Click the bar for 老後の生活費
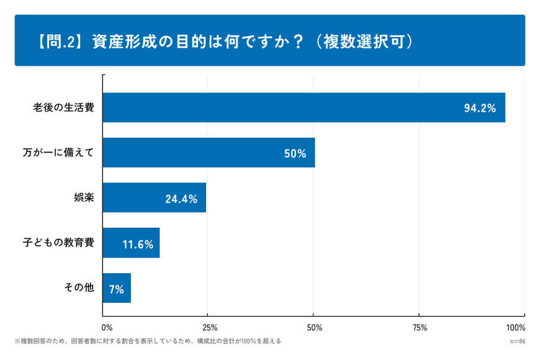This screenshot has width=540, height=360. coord(304,107)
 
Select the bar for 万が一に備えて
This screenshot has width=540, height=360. coord(209,153)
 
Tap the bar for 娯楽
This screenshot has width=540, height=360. coord(154,198)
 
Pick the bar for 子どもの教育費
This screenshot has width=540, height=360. coord(131,243)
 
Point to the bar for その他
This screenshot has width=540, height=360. coord(117,288)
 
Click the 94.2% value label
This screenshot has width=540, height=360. coord(480,108)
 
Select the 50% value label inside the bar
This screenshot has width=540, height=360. coord(295,153)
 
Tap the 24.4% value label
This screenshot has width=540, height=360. coord(181,199)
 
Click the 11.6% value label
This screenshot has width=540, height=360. coord(138,244)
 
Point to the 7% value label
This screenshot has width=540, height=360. coord(115,289)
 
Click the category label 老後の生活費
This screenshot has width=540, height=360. coord(63,107)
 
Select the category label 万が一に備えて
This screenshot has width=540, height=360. coord(58,153)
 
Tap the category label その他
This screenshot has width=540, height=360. coord(79,288)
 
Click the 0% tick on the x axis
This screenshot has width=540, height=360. coord(107,327)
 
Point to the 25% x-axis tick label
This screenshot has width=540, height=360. coord(210,327)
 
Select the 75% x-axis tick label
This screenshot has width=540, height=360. coord(420,327)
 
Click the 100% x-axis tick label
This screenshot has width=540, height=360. coord(516,327)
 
